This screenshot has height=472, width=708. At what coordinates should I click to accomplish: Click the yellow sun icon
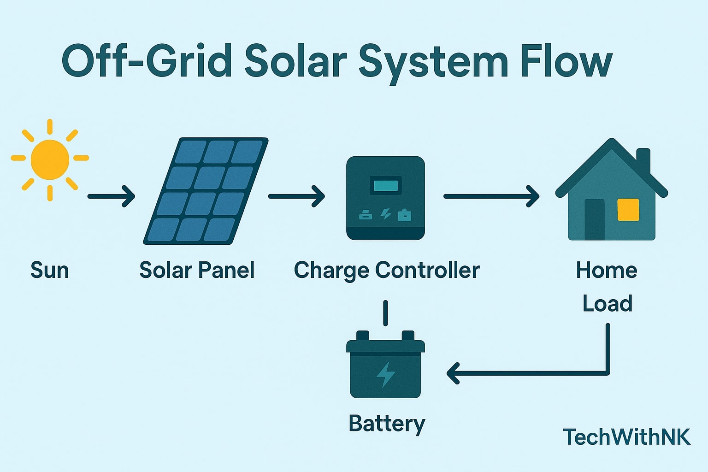coord(50,159)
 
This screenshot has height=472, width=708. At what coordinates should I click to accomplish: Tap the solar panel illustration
coord(206,191)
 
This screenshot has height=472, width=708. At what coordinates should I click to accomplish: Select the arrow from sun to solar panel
coord(111,196)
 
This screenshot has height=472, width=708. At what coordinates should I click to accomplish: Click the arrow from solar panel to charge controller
coord(296,196)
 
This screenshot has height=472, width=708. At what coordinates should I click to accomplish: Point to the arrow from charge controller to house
coord(491,196)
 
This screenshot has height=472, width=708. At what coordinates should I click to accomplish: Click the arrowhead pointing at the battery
coord(454,373)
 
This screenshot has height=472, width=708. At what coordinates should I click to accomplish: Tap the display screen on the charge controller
coord(386,186)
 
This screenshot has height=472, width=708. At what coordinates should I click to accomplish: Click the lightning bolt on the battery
coord(386,374)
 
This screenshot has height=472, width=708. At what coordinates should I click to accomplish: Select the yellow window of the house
coord(628,210)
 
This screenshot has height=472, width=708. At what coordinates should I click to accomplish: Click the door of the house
coord(595,219)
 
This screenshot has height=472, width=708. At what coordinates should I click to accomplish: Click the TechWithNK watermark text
coord(627,437)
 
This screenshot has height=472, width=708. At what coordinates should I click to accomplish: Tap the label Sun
coord(50,270)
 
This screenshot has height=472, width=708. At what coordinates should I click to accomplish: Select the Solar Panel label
coord(197,270)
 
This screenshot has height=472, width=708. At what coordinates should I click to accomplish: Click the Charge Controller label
coord(387,270)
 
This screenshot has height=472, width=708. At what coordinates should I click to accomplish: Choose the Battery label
coord(387,423)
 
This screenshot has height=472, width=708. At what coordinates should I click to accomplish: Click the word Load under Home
coord(607,303)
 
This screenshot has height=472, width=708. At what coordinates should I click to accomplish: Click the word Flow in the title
coord(566,62)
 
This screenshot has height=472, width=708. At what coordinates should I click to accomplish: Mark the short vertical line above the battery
coord(385,313)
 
